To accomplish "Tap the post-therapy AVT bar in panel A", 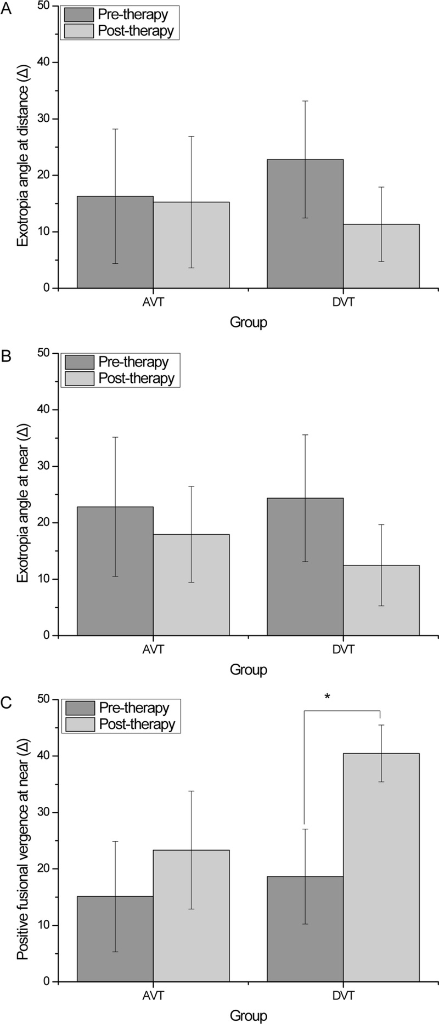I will [x=191, y=245].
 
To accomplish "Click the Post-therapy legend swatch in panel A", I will [x=79, y=31].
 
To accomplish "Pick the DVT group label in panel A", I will [x=344, y=302].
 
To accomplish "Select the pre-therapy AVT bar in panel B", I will [x=115, y=571].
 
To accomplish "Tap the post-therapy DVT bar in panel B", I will [x=381, y=601].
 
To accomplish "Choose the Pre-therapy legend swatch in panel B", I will [x=79, y=363].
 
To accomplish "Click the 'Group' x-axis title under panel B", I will [x=248, y=670].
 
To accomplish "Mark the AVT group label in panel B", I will [x=153, y=649].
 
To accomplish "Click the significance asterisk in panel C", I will [x=327, y=697].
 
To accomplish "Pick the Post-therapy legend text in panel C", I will [x=137, y=724].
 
